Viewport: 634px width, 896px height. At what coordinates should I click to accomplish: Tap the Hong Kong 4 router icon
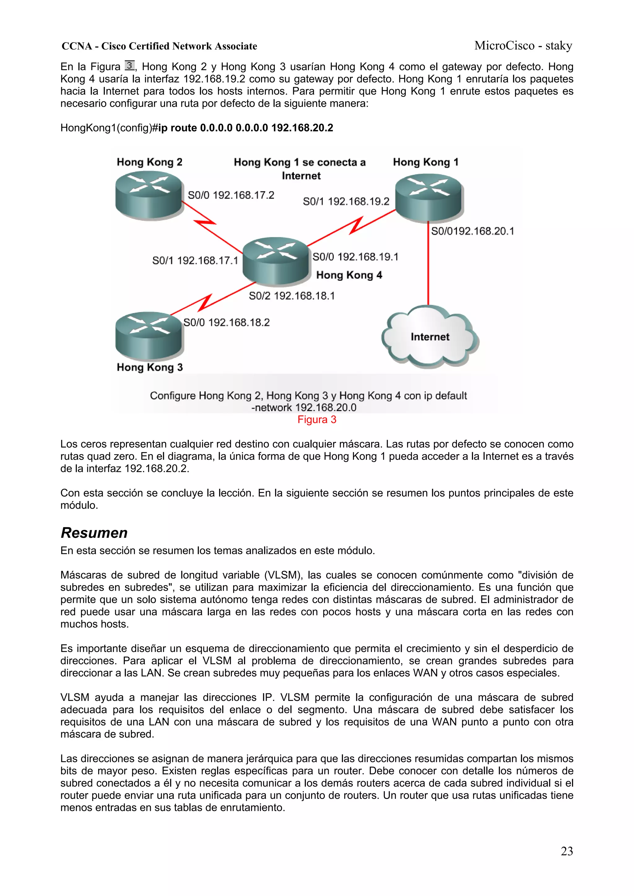276,260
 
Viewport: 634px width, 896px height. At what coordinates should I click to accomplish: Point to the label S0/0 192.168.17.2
231,195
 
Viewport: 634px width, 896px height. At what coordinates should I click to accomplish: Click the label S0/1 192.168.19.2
346,201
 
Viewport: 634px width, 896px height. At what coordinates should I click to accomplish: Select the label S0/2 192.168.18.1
292,296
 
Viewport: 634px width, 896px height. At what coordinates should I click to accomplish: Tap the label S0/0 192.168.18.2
227,322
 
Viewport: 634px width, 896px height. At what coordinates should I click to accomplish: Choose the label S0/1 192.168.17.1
195,260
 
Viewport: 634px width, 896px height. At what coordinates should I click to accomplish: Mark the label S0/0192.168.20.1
472,231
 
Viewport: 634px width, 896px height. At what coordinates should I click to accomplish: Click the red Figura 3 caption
317,419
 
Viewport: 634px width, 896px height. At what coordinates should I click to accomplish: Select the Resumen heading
94,533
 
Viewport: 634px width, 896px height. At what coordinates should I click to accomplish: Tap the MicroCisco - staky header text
523,46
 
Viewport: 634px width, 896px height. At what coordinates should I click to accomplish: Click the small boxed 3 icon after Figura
130,65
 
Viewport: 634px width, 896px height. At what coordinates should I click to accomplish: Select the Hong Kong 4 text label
349,275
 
